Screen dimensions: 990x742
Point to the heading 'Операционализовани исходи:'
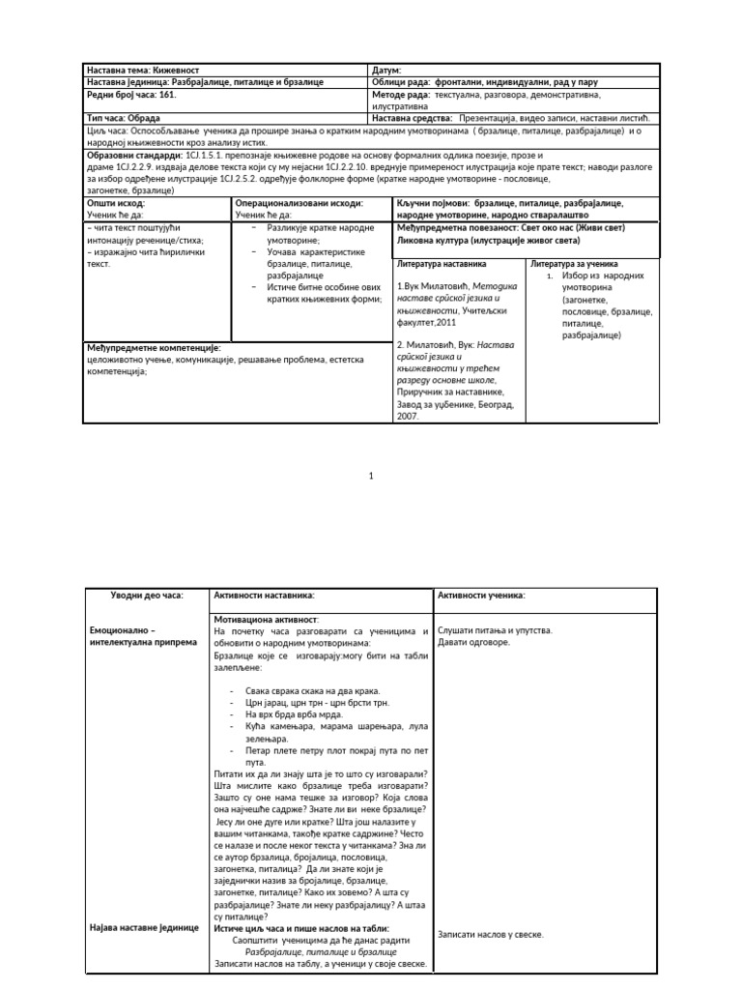click(x=300, y=204)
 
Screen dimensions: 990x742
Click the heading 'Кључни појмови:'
click(x=429, y=204)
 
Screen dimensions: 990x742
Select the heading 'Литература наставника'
click(x=442, y=264)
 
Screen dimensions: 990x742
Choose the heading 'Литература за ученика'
click(x=576, y=264)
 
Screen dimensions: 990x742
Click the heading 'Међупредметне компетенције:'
click(x=154, y=347)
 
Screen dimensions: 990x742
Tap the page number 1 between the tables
click(x=371, y=477)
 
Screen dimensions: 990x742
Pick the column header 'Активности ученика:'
click(x=481, y=595)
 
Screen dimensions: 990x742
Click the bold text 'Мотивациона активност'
click(x=266, y=618)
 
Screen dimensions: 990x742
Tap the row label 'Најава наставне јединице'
click(x=144, y=927)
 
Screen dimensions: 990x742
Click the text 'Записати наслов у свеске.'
click(x=490, y=935)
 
